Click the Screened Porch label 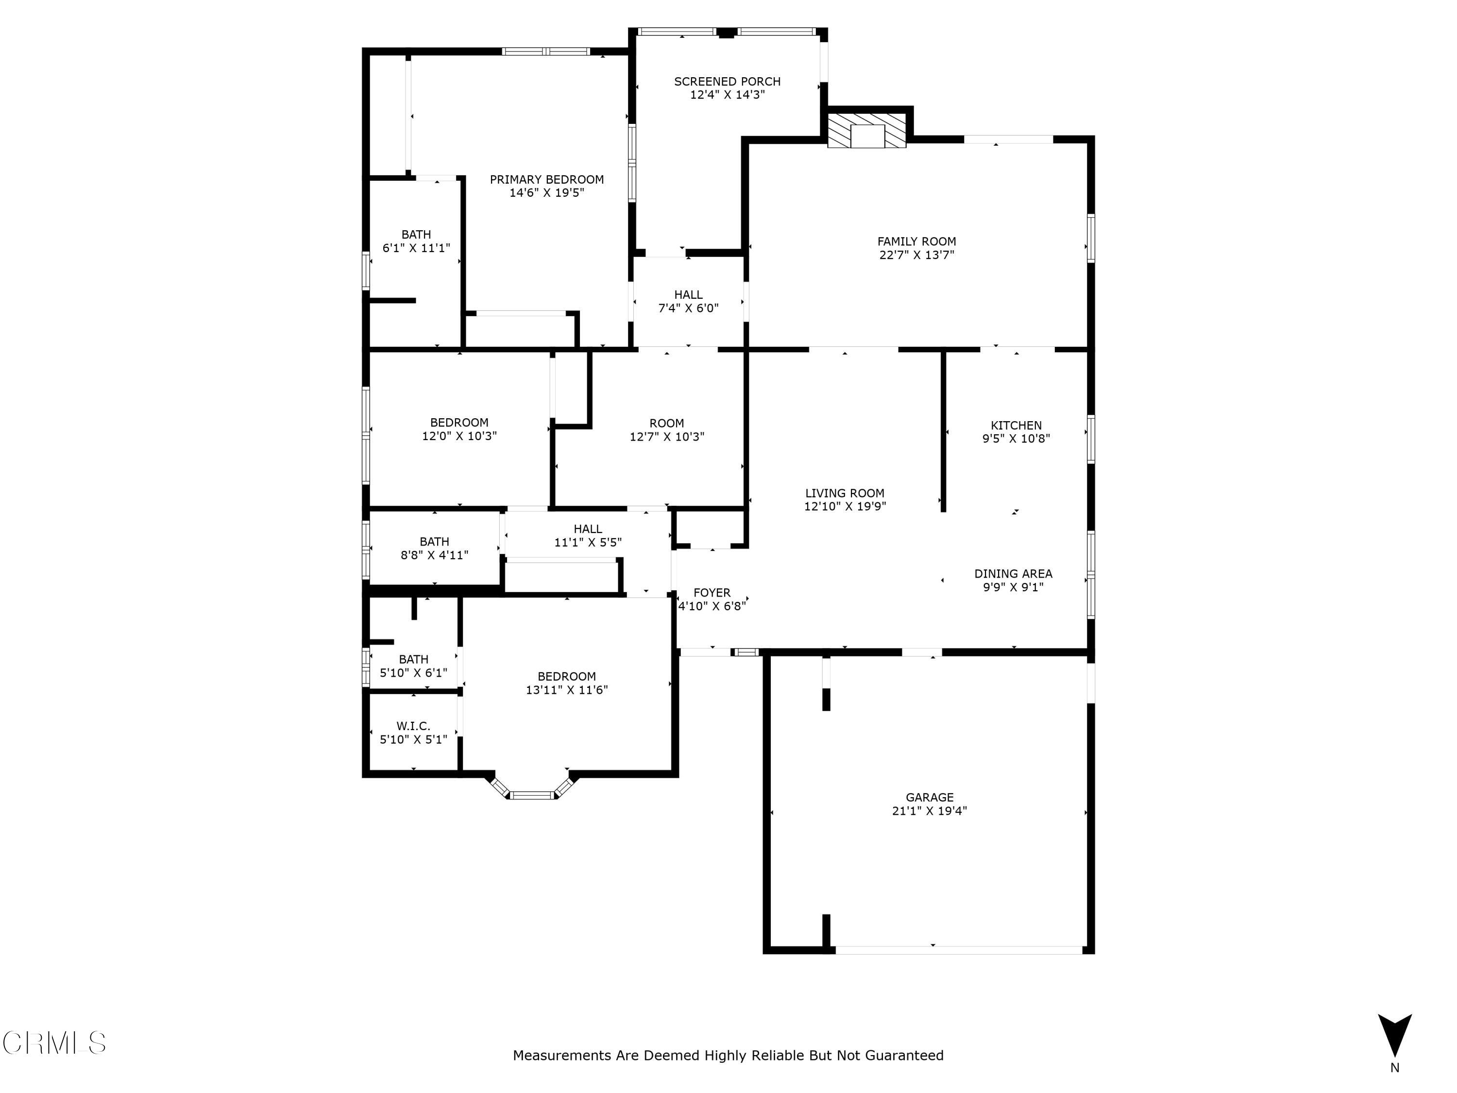coord(727,82)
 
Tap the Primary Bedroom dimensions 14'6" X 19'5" coord(547,193)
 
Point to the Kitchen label coord(1016,426)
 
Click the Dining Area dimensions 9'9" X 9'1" coord(1013,587)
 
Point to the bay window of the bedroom coord(533,790)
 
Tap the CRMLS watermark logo coord(54,1043)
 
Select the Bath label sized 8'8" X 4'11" coord(434,542)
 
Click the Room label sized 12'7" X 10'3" coord(667,424)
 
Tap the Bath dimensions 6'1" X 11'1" coord(416,248)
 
